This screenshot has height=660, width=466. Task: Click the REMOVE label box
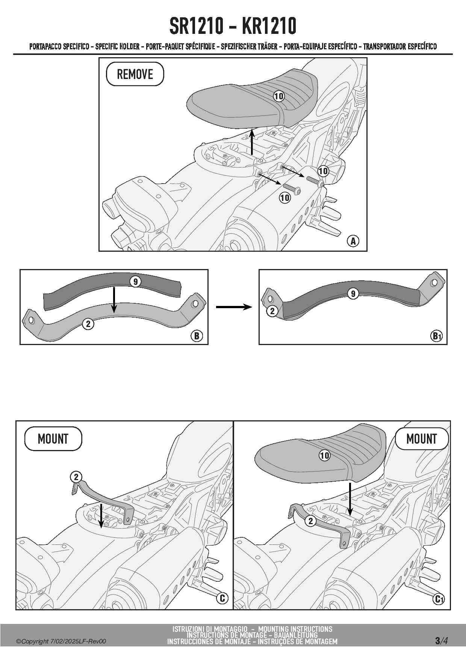(x=135, y=74)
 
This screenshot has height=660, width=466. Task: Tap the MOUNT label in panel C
(x=53, y=439)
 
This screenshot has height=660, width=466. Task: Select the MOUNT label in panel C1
(x=422, y=439)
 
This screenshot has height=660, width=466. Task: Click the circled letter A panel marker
(x=353, y=241)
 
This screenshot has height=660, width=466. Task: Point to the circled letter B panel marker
(x=197, y=336)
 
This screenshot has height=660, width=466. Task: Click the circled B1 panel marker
(x=436, y=336)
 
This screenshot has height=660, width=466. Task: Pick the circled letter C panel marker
(x=222, y=598)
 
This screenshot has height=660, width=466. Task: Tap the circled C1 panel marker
(x=439, y=598)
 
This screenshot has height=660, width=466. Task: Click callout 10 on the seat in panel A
(x=278, y=96)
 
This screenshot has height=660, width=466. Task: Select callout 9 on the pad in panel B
(x=135, y=281)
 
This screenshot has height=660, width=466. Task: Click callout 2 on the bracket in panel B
(x=88, y=324)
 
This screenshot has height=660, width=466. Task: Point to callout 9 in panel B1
(x=353, y=294)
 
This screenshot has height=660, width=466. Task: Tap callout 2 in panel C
(x=76, y=477)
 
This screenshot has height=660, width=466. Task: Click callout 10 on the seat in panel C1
(x=324, y=456)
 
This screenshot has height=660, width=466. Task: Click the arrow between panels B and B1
(x=234, y=307)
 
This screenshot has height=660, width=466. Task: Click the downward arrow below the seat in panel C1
(x=350, y=499)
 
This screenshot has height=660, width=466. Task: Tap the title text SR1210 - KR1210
(x=233, y=26)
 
